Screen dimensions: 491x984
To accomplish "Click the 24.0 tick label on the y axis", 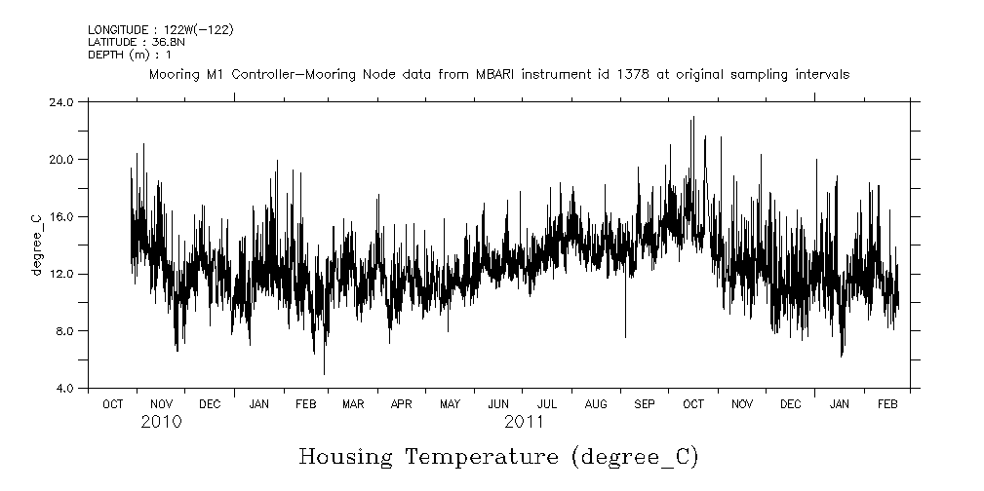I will (60, 101).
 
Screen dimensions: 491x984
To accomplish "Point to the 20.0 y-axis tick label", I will (60, 159).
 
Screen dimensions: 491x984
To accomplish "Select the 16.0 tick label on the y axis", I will (60, 216).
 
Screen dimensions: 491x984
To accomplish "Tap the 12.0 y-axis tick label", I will (60, 274).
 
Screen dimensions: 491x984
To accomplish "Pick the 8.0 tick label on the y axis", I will (63, 331).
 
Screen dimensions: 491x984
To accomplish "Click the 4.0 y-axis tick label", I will (63, 389).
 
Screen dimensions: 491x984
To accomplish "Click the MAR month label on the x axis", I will (353, 404).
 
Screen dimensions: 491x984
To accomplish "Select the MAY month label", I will (450, 404).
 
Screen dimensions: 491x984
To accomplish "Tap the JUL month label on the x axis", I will (547, 404).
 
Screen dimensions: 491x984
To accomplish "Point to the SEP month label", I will (645, 404).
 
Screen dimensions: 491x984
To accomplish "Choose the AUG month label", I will (596, 404).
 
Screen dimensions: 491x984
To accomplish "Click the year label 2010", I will (161, 423).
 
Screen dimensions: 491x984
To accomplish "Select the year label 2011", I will (524, 423).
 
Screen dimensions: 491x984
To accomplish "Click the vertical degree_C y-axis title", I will (37, 245).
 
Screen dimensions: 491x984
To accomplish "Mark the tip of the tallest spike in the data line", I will (693, 117).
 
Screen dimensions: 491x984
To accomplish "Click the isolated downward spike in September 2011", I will (625, 337).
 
